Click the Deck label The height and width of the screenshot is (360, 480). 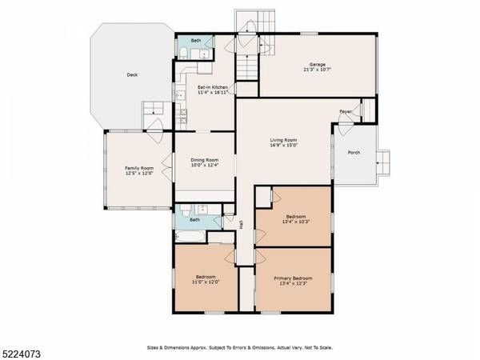(132, 76)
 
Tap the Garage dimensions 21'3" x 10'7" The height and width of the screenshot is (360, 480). (318, 70)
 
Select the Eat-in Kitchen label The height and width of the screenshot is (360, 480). (214, 86)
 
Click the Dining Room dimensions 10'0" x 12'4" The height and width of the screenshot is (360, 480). (204, 166)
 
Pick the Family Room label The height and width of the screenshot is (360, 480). (138, 168)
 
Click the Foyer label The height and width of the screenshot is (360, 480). (345, 112)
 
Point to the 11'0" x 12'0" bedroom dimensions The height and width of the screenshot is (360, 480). (205, 282)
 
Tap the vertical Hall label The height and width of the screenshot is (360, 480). (242, 226)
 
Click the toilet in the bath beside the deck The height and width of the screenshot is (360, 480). (183, 54)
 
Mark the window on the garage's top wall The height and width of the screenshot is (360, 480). (308, 33)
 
